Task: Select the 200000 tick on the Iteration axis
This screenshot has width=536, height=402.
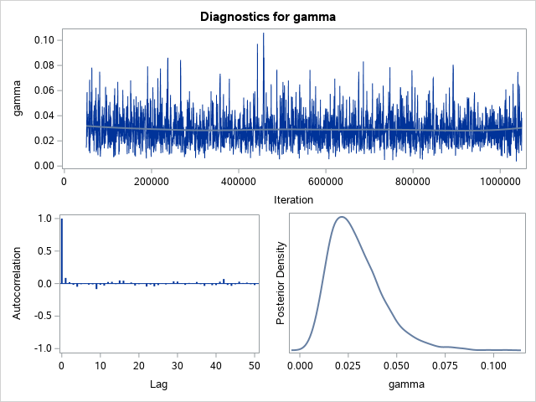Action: pos(151,179)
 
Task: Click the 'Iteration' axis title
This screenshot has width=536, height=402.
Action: pos(293,199)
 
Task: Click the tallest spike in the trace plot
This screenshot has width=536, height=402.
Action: pos(263,34)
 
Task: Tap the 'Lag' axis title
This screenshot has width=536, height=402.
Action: pos(158,384)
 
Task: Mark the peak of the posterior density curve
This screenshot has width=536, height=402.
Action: pos(341,217)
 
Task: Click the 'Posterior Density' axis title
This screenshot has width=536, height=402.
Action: pos(283,283)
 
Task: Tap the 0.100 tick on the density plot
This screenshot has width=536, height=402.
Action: pos(493,365)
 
